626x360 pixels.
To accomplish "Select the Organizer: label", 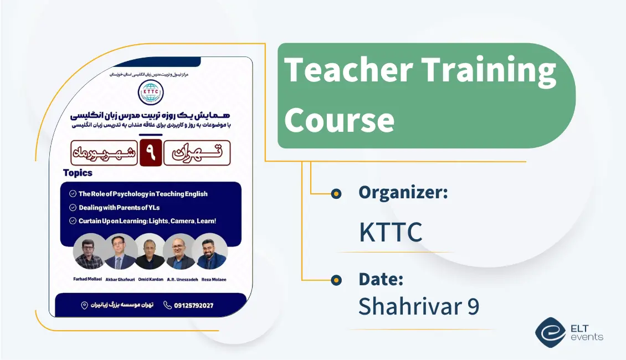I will (403, 193).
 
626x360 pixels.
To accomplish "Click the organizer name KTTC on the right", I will (391, 232).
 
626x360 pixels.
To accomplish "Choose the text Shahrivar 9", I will (418, 306).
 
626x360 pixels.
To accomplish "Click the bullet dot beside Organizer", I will (336, 193).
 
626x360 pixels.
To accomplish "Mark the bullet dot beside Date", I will (336, 280).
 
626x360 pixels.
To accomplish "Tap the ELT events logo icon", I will (550, 332).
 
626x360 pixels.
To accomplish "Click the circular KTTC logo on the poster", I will (151, 94).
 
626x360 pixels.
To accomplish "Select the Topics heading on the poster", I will (78, 173).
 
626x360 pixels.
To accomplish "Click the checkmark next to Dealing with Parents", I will (73, 208).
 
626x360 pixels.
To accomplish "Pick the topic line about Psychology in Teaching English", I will (143, 194).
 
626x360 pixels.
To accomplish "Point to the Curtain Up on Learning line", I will (147, 221).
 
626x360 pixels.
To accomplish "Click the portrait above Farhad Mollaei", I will (89, 252).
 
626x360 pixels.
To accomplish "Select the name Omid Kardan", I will (150, 280).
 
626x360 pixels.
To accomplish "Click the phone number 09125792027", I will (193, 305).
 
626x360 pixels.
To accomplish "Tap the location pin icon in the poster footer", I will (84, 305).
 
